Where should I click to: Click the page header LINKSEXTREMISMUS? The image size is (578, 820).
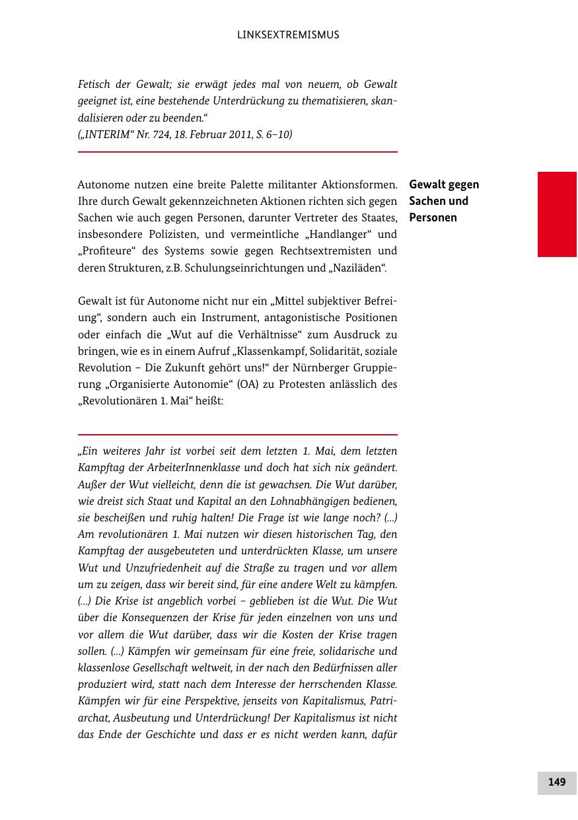tap(288, 35)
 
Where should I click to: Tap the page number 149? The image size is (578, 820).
tap(556, 782)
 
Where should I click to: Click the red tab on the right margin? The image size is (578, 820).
tap(557, 214)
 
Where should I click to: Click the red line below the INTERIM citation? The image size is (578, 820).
tap(237, 152)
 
